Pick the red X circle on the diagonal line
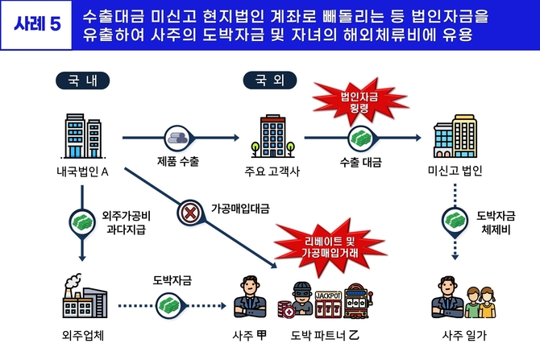pos(190,213)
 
